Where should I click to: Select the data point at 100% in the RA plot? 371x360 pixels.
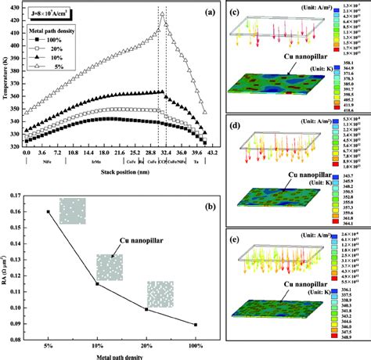(196, 325)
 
